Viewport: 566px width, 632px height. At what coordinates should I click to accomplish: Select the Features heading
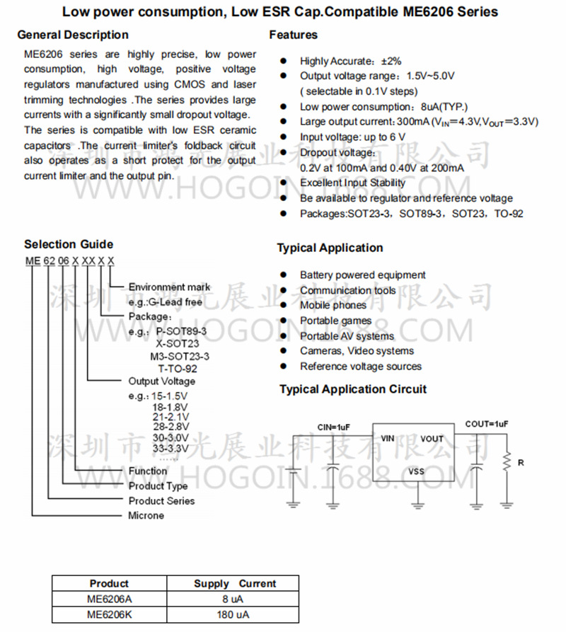click(294, 35)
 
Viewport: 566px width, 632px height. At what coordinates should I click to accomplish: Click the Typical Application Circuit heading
click(353, 389)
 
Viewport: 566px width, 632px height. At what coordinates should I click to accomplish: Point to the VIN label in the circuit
click(387, 439)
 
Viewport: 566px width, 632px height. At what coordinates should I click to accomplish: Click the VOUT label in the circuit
click(432, 439)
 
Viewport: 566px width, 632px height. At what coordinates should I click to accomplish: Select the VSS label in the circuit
click(417, 471)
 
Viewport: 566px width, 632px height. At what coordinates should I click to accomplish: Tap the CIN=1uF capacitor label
click(333, 427)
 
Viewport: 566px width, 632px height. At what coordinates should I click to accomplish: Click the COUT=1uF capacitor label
click(486, 424)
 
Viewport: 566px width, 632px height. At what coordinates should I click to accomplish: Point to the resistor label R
click(521, 463)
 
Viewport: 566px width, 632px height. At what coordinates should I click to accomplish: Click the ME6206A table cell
click(109, 599)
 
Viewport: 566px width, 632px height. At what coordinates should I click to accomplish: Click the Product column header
click(109, 584)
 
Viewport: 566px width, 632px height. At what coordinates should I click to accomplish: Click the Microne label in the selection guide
click(146, 516)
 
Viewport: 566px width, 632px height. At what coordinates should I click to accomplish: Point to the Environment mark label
click(169, 287)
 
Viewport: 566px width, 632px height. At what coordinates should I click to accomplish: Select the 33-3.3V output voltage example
click(170, 448)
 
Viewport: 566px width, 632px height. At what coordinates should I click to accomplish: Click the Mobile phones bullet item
click(333, 305)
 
